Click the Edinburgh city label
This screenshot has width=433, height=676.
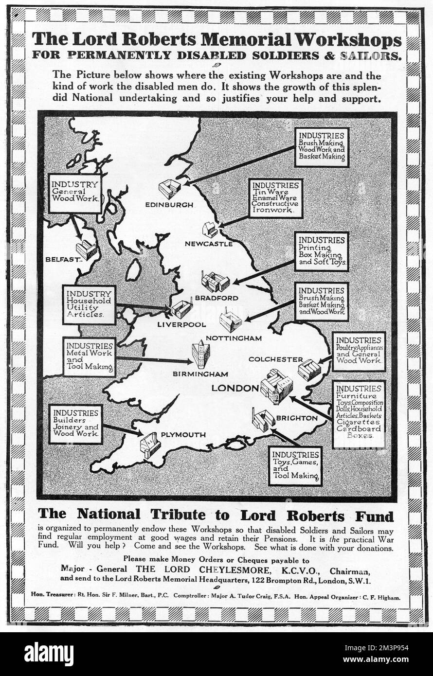coord(169,205)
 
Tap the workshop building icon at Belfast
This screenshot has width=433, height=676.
coord(86,249)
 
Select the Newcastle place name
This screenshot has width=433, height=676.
coord(208,244)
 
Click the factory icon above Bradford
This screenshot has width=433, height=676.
coord(216,281)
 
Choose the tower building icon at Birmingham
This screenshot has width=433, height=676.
coord(200,354)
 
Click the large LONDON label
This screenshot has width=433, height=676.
coord(235,388)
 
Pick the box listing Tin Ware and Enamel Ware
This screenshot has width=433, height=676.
coord(275,198)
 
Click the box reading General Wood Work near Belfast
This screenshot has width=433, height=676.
coord(75,194)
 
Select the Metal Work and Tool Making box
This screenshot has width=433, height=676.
coord(89,357)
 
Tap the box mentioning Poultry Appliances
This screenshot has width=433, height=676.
coord(359,351)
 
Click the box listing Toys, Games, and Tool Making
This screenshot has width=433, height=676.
coord(295,466)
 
